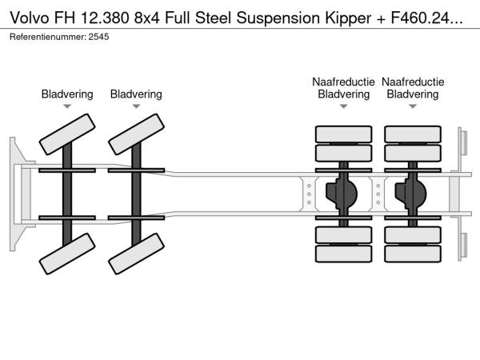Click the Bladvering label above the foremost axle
[x=67, y=94]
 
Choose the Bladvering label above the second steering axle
[x=136, y=94]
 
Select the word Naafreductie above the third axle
[x=344, y=82]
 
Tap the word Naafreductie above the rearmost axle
[x=413, y=82]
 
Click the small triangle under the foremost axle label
[x=67, y=106]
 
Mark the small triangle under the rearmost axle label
[x=413, y=106]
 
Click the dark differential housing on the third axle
[x=345, y=193]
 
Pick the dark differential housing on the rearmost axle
[x=414, y=193]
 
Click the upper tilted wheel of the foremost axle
[x=67, y=131]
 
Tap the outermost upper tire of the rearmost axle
[x=413, y=134]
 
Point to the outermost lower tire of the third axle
[x=344, y=254]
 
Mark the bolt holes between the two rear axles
[x=378, y=193]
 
